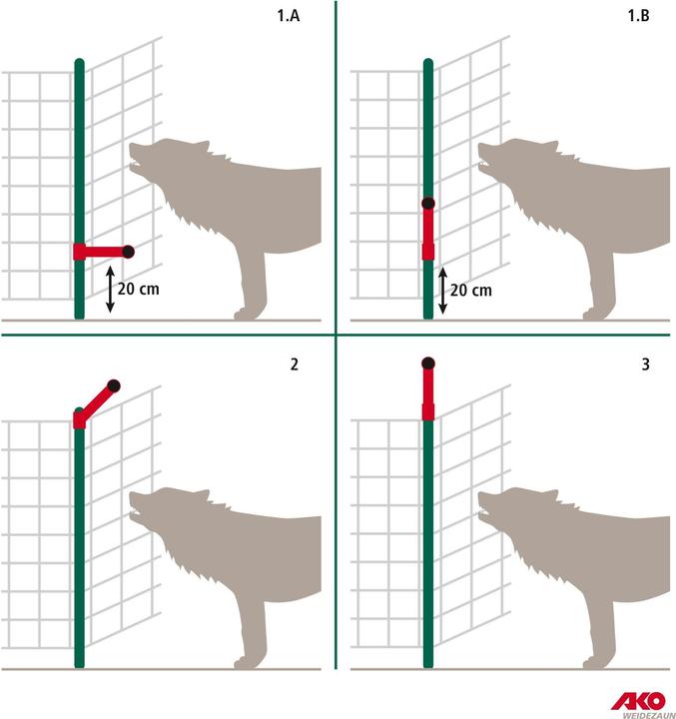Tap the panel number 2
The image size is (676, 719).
tap(294, 364)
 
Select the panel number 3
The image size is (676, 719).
tap(646, 364)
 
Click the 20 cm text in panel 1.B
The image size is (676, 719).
tap(470, 290)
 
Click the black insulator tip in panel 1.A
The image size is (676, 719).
tap(127, 251)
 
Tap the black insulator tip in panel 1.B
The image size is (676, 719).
tap(428, 204)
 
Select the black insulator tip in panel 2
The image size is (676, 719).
tap(113, 385)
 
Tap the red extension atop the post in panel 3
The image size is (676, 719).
tap(428, 394)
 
